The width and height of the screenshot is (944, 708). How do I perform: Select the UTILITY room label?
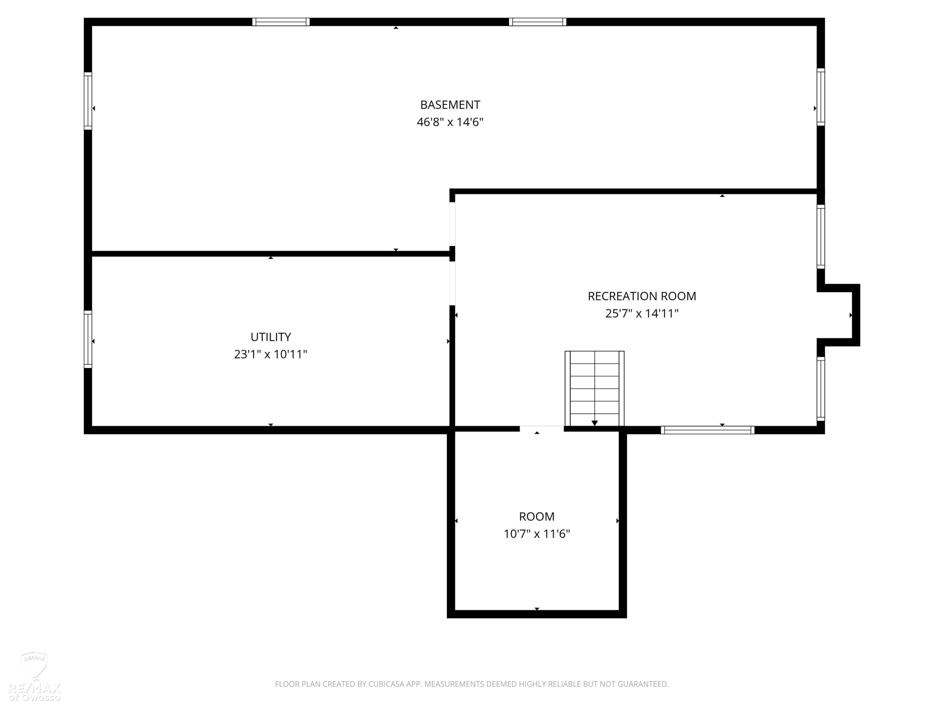click(271, 337)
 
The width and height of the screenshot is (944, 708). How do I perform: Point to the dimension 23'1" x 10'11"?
click(271, 354)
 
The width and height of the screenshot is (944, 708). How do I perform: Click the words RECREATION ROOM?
click(642, 296)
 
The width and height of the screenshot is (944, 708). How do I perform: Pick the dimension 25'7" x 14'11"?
click(642, 314)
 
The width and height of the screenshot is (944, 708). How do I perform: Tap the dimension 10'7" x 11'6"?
click(537, 534)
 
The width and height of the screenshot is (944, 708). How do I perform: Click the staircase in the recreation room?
click(594, 388)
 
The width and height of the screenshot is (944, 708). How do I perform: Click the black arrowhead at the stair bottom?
click(594, 423)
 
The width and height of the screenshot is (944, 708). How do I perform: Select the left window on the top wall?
click(281, 22)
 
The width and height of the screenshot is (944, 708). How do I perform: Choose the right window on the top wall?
click(538, 22)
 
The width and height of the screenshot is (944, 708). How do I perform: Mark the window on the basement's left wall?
click(88, 101)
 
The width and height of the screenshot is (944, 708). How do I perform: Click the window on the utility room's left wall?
click(88, 339)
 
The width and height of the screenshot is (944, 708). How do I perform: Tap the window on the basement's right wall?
click(821, 97)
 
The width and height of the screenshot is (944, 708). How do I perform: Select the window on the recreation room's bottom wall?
click(708, 430)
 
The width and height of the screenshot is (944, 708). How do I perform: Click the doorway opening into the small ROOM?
click(542, 429)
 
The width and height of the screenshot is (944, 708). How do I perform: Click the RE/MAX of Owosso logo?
click(35, 677)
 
